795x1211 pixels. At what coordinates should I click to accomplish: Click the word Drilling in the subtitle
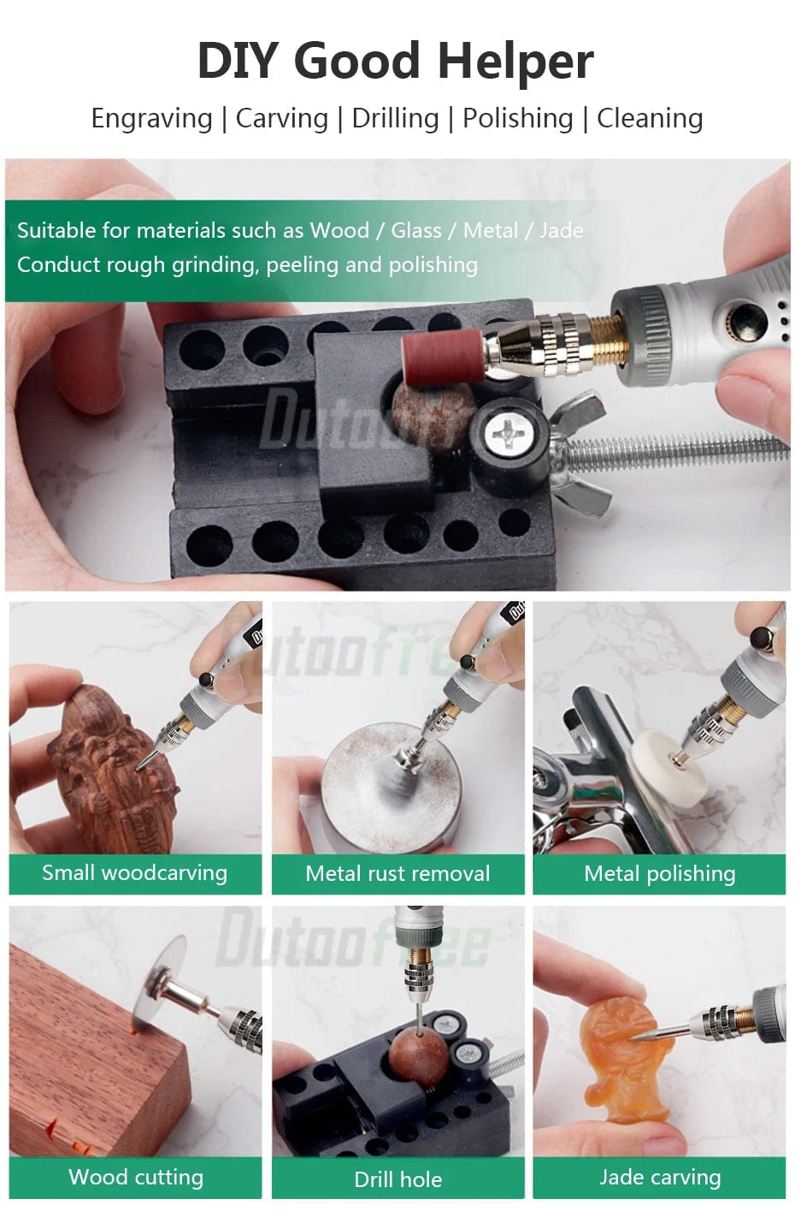point(395,118)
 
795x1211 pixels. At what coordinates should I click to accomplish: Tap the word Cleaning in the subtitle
point(650,118)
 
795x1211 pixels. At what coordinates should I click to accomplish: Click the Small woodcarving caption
point(134,873)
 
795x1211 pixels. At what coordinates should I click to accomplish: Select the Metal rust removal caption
point(397,874)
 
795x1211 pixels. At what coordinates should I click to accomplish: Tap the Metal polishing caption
point(660,874)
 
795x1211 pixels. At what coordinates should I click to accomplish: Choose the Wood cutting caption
point(136,1177)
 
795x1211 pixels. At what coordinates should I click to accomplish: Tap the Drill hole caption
point(398,1179)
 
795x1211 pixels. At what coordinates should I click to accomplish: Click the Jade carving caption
point(660,1177)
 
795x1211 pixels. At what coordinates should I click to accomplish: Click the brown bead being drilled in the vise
point(420,1057)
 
